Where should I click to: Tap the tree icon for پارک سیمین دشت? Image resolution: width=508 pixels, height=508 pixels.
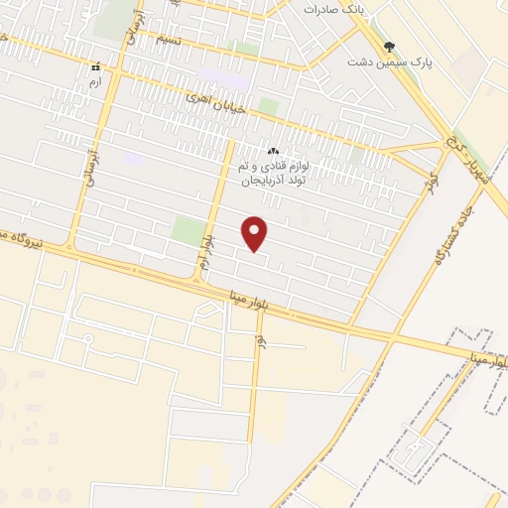[x=389, y=46]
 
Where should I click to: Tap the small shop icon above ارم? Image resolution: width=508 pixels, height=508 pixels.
[x=95, y=67]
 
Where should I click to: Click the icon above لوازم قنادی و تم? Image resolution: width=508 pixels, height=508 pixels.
[x=273, y=151]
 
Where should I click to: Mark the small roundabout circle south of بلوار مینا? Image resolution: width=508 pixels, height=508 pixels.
[x=88, y=339]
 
